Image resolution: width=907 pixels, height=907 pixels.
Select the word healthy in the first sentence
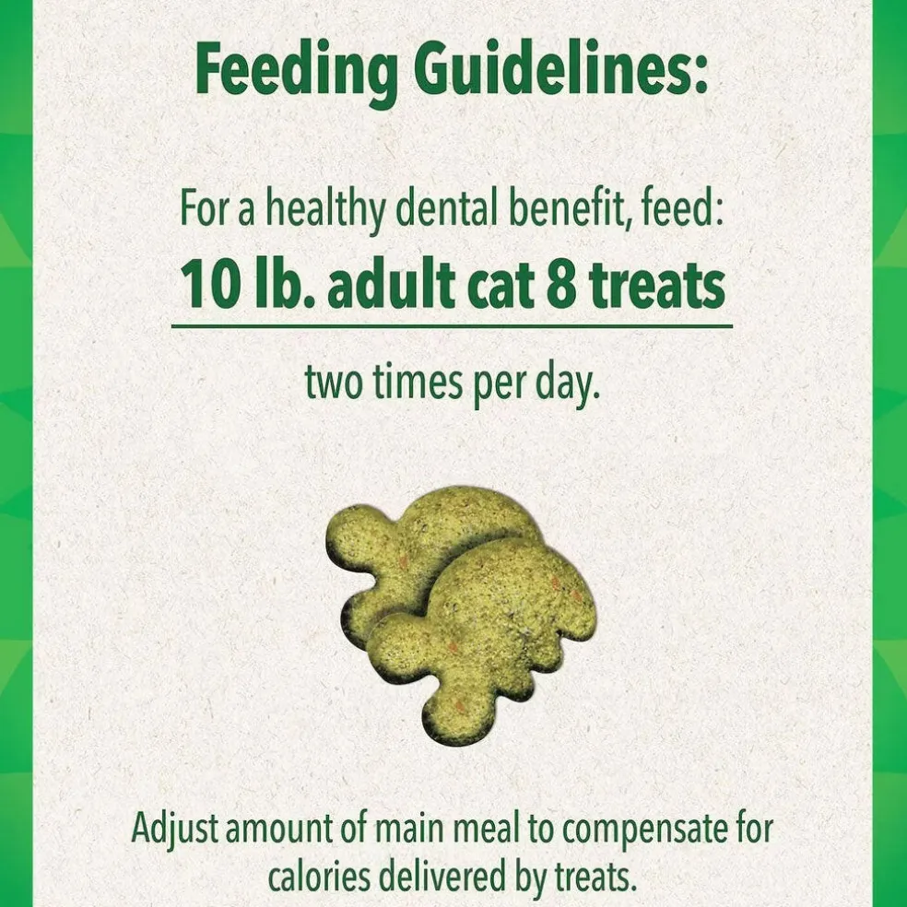pos(325,210)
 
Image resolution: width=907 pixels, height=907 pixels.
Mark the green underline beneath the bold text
pos(452,326)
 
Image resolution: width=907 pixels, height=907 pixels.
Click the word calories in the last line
pos(319,877)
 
